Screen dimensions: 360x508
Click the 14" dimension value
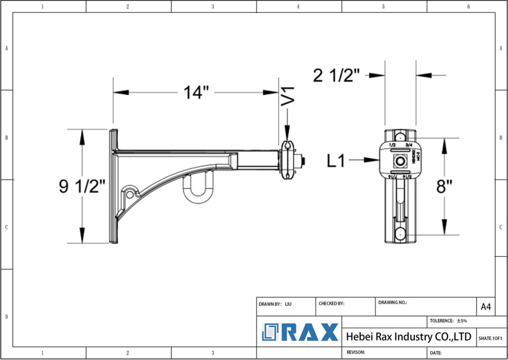coord(196,92)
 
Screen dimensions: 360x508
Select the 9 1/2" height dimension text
coord(82,186)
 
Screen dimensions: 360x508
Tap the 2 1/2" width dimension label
coord(336,75)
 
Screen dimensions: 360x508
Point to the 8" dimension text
coord(444,187)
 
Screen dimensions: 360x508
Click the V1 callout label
coord(288,96)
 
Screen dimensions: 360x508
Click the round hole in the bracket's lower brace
coord(130,192)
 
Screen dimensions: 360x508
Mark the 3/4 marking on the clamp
coord(409,145)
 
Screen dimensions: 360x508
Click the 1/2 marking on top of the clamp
coord(392,145)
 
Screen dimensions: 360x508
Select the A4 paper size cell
coord(486,307)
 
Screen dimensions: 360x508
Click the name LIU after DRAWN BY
coord(288,303)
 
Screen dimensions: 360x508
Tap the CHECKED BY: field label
coord(331,303)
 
